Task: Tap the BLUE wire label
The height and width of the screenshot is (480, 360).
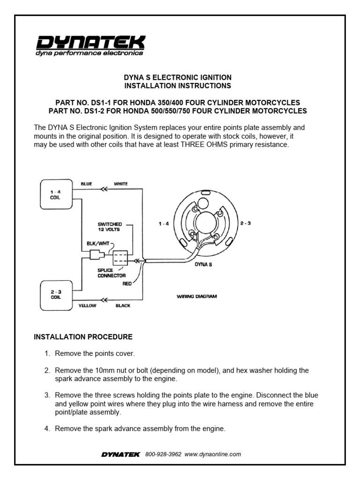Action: [87, 184]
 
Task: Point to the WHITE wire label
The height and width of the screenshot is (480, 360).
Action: [120, 184]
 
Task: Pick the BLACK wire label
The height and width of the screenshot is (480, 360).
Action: [123, 305]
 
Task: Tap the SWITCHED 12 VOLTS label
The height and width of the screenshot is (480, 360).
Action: [110, 227]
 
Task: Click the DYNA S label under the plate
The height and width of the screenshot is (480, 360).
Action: [201, 264]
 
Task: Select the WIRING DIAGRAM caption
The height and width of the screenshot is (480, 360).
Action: [196, 296]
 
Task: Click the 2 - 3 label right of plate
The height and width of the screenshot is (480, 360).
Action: [245, 223]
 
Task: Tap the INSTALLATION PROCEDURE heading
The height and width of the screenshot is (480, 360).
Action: [83, 337]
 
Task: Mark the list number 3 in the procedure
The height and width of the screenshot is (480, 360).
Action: [47, 395]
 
